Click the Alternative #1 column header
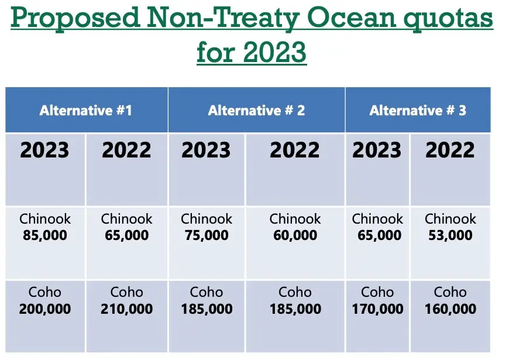click(x=85, y=110)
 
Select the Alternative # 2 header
click(x=256, y=110)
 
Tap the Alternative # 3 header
click(x=418, y=110)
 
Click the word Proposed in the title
click(x=75, y=18)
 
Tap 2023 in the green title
click(x=275, y=52)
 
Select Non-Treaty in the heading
click(x=223, y=18)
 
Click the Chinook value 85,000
click(x=45, y=235)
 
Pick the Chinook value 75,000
click(x=207, y=235)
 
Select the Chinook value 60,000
click(x=295, y=235)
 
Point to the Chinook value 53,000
click(x=450, y=235)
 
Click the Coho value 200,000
click(x=45, y=309)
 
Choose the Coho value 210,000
click(x=127, y=309)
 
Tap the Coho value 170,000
click(x=377, y=309)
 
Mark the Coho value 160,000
click(x=450, y=309)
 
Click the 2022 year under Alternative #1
click(x=127, y=150)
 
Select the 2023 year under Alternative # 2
click(x=207, y=150)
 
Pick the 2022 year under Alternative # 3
click(x=450, y=150)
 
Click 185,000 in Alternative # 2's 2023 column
click(x=207, y=309)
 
